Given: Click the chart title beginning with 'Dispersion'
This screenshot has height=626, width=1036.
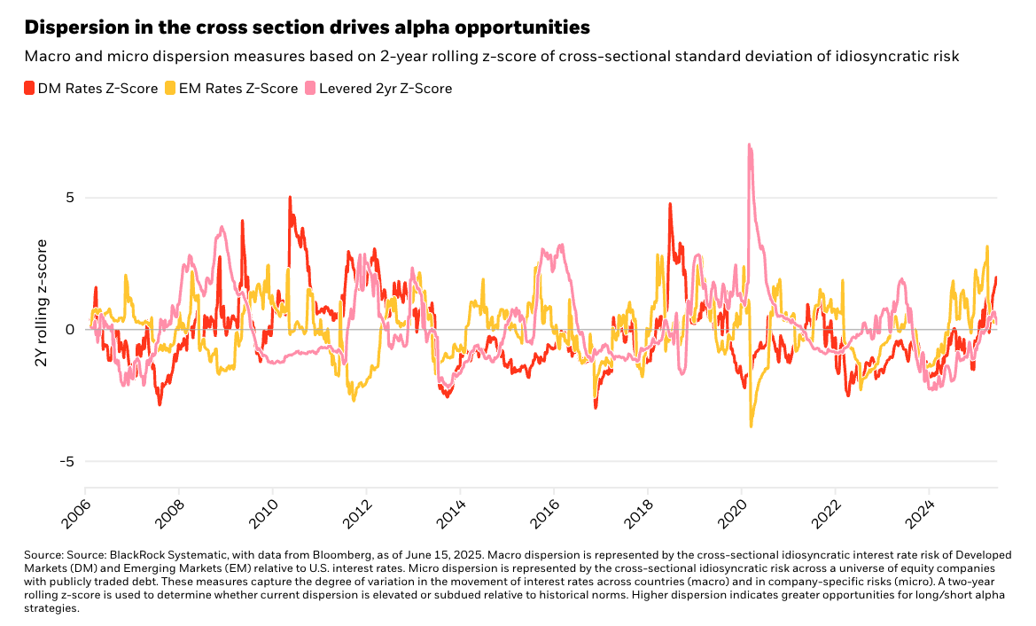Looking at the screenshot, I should click(307, 27).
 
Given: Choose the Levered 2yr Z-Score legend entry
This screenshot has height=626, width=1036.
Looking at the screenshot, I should click(378, 88).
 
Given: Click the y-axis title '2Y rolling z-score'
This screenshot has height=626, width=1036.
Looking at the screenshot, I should click(41, 329).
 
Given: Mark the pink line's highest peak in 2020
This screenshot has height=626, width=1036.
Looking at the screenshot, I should click(749, 145).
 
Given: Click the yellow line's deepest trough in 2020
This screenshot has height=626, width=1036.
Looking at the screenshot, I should click(751, 426).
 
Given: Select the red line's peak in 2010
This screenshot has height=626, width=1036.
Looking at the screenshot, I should click(290, 198).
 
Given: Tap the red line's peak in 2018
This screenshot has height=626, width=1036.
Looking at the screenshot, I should click(670, 204).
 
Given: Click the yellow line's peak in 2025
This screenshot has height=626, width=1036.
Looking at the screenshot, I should click(986, 247).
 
